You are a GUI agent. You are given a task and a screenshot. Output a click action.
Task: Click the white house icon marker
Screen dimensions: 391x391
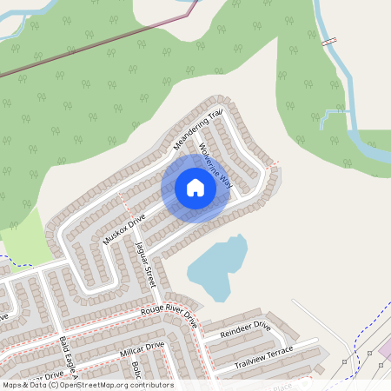click(195, 188)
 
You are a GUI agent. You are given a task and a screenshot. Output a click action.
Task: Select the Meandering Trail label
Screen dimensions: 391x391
click(198, 129)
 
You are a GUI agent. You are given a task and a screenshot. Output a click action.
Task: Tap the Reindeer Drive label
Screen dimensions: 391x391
click(246, 332)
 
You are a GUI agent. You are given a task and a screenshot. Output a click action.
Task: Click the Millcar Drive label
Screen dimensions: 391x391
click(142, 351)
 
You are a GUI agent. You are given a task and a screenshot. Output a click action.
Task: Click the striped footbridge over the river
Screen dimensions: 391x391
click(328, 42)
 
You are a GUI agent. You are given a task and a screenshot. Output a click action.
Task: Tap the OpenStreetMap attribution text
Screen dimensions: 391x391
click(88, 385)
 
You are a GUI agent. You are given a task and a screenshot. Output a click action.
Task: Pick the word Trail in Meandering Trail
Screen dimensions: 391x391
click(215, 116)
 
